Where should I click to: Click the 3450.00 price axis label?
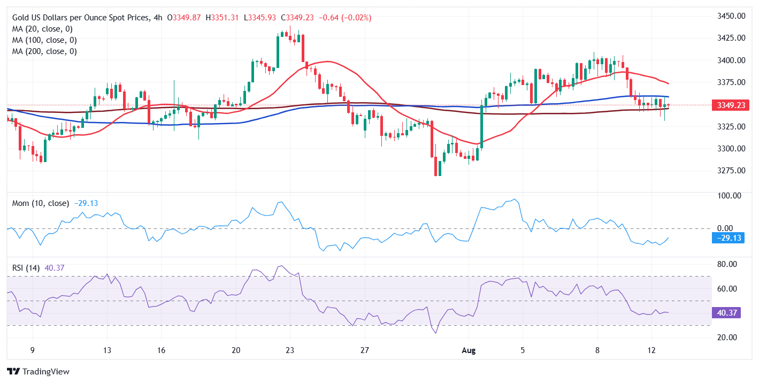[731, 16]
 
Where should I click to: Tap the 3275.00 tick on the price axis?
[731, 171]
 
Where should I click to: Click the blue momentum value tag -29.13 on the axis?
[728, 238]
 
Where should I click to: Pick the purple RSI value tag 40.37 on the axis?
[726, 313]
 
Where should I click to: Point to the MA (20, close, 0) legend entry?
[42, 29]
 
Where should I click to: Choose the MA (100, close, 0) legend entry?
[44, 40]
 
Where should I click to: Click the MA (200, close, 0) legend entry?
[44, 51]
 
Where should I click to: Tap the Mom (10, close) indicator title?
[41, 203]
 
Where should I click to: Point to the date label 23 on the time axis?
[290, 350]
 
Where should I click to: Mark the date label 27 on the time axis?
[364, 350]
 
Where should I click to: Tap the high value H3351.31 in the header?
[222, 18]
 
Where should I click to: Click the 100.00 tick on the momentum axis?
[729, 196]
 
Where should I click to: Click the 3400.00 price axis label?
[731, 60]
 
